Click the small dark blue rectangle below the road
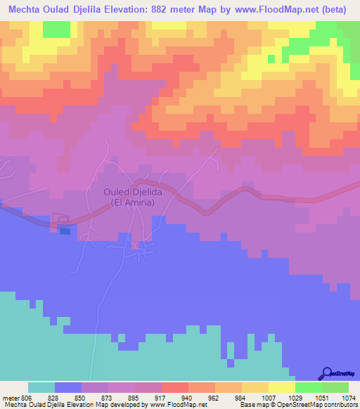pos(65,230)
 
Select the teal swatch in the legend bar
pos(41,387)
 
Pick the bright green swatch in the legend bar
pos(308,387)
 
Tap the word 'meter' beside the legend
pos(10,398)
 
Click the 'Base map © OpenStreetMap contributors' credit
pos(297,405)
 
